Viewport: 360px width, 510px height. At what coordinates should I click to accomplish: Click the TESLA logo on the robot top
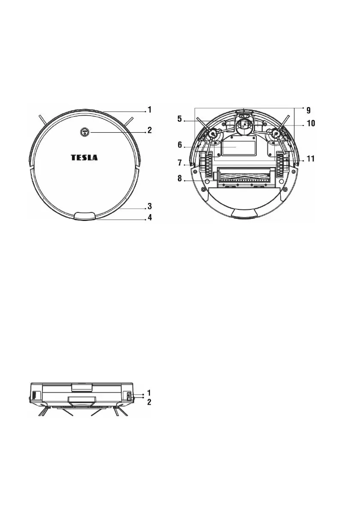click(x=84, y=158)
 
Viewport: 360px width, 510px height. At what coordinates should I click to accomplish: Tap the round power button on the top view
click(x=84, y=132)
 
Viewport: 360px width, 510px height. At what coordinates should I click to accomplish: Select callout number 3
click(x=150, y=206)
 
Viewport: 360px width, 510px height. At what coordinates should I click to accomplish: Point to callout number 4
click(x=150, y=217)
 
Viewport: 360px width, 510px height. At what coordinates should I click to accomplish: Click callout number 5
click(x=180, y=119)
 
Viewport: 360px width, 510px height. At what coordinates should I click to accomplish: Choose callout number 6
click(x=180, y=145)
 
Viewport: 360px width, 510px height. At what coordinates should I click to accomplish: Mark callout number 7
click(x=180, y=162)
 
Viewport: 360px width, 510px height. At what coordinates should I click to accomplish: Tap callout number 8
click(x=180, y=179)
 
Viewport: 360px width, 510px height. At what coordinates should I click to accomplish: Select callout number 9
click(x=308, y=110)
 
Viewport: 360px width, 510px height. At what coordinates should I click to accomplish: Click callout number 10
click(x=311, y=123)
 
